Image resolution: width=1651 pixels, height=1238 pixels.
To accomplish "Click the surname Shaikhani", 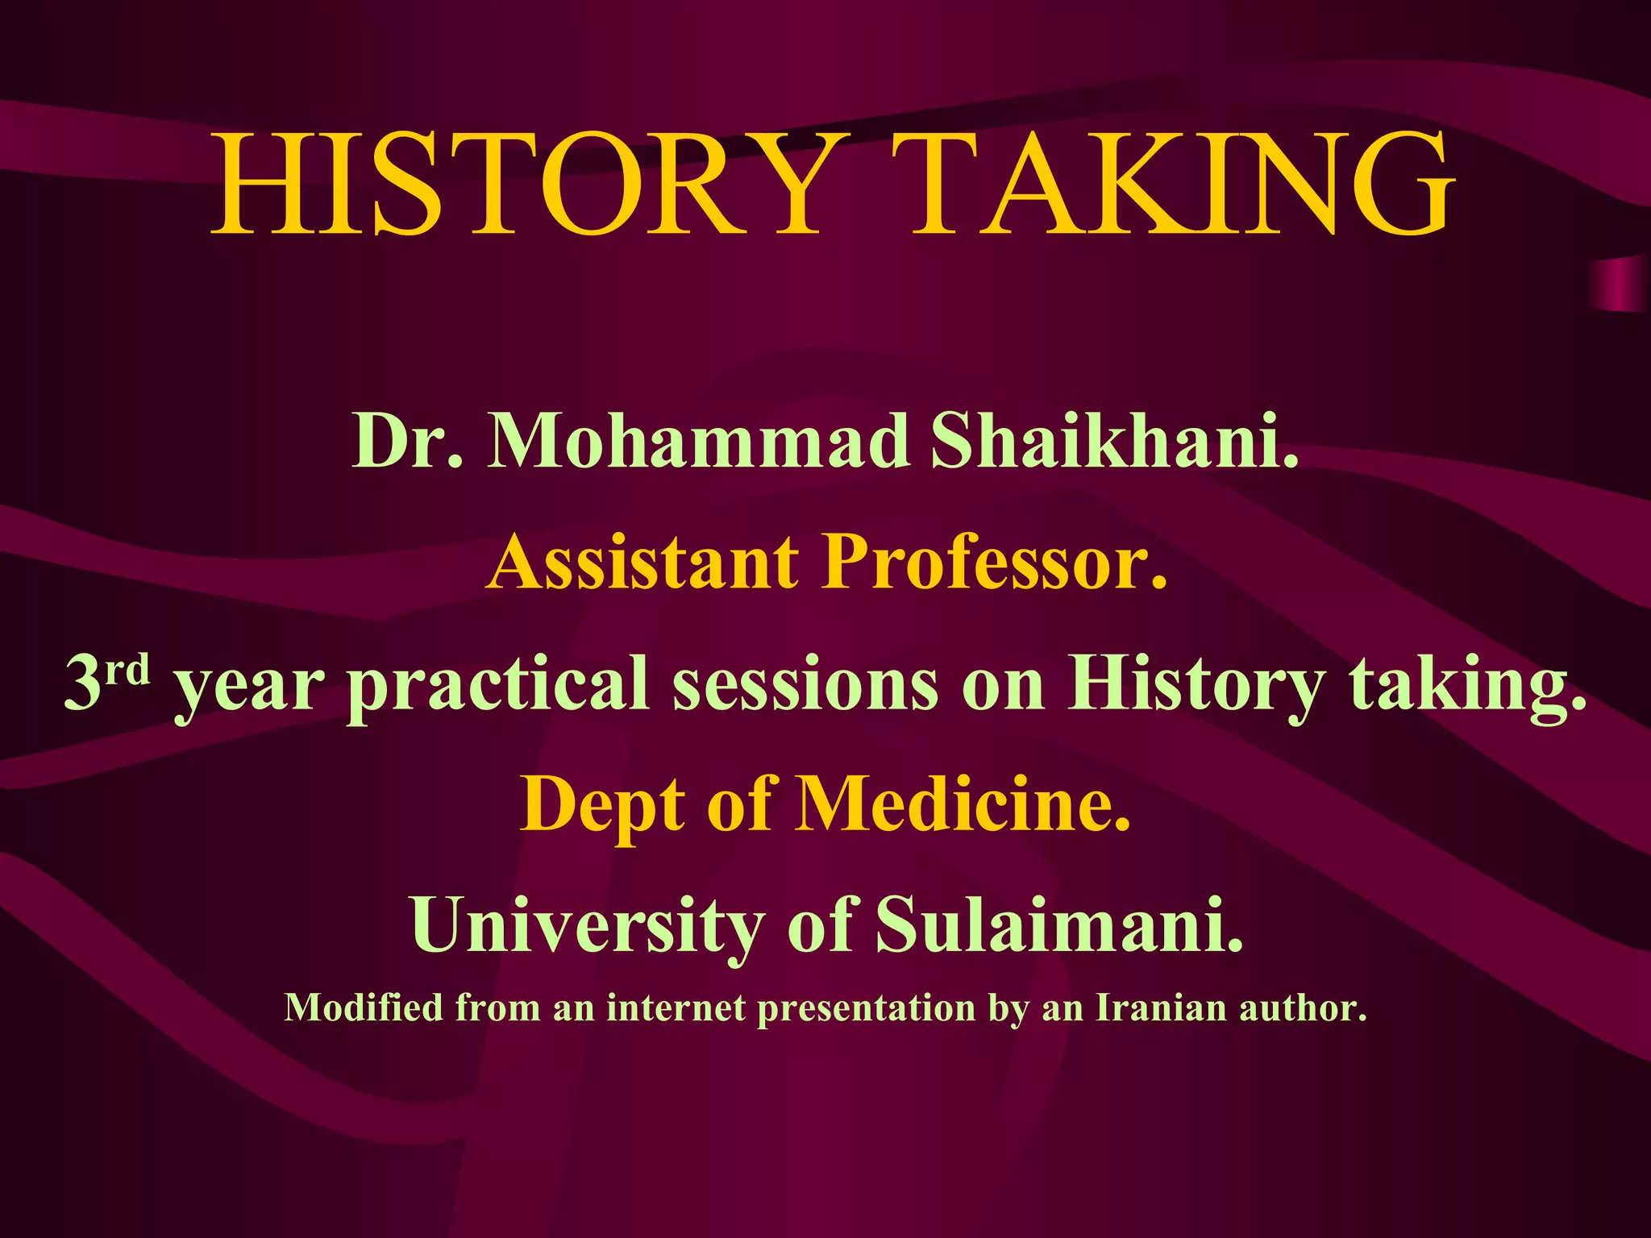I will (x=1115, y=441).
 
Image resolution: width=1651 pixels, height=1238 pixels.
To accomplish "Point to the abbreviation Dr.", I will (x=408, y=441).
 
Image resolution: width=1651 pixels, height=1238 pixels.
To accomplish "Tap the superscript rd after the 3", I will (x=129, y=669).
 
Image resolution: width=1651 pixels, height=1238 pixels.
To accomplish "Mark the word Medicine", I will (x=963, y=804).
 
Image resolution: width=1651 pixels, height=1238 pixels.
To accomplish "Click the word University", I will (x=588, y=925).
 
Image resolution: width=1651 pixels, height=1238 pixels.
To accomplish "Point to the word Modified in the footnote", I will (x=364, y=1008).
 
